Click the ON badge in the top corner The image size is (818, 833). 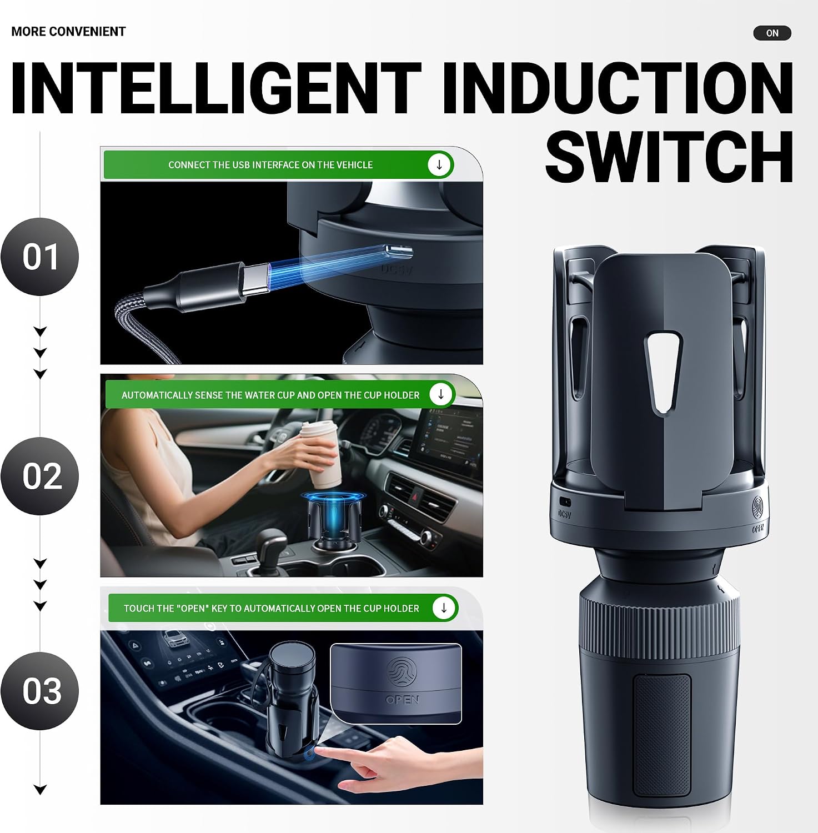coord(772,33)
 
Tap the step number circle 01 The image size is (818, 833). coord(40,257)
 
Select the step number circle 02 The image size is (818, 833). coord(40,476)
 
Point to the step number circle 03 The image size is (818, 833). coord(40,691)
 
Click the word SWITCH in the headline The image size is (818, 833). coord(669,157)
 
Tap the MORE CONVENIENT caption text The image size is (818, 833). coord(68,32)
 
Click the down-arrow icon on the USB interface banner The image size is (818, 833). coord(439,165)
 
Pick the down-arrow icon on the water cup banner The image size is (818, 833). coord(441,394)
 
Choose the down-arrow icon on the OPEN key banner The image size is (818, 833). coord(444,608)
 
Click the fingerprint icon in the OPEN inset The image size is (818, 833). coord(402,673)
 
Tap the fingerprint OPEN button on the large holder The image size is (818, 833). coord(759,508)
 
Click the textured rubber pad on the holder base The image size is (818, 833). coord(662,735)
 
